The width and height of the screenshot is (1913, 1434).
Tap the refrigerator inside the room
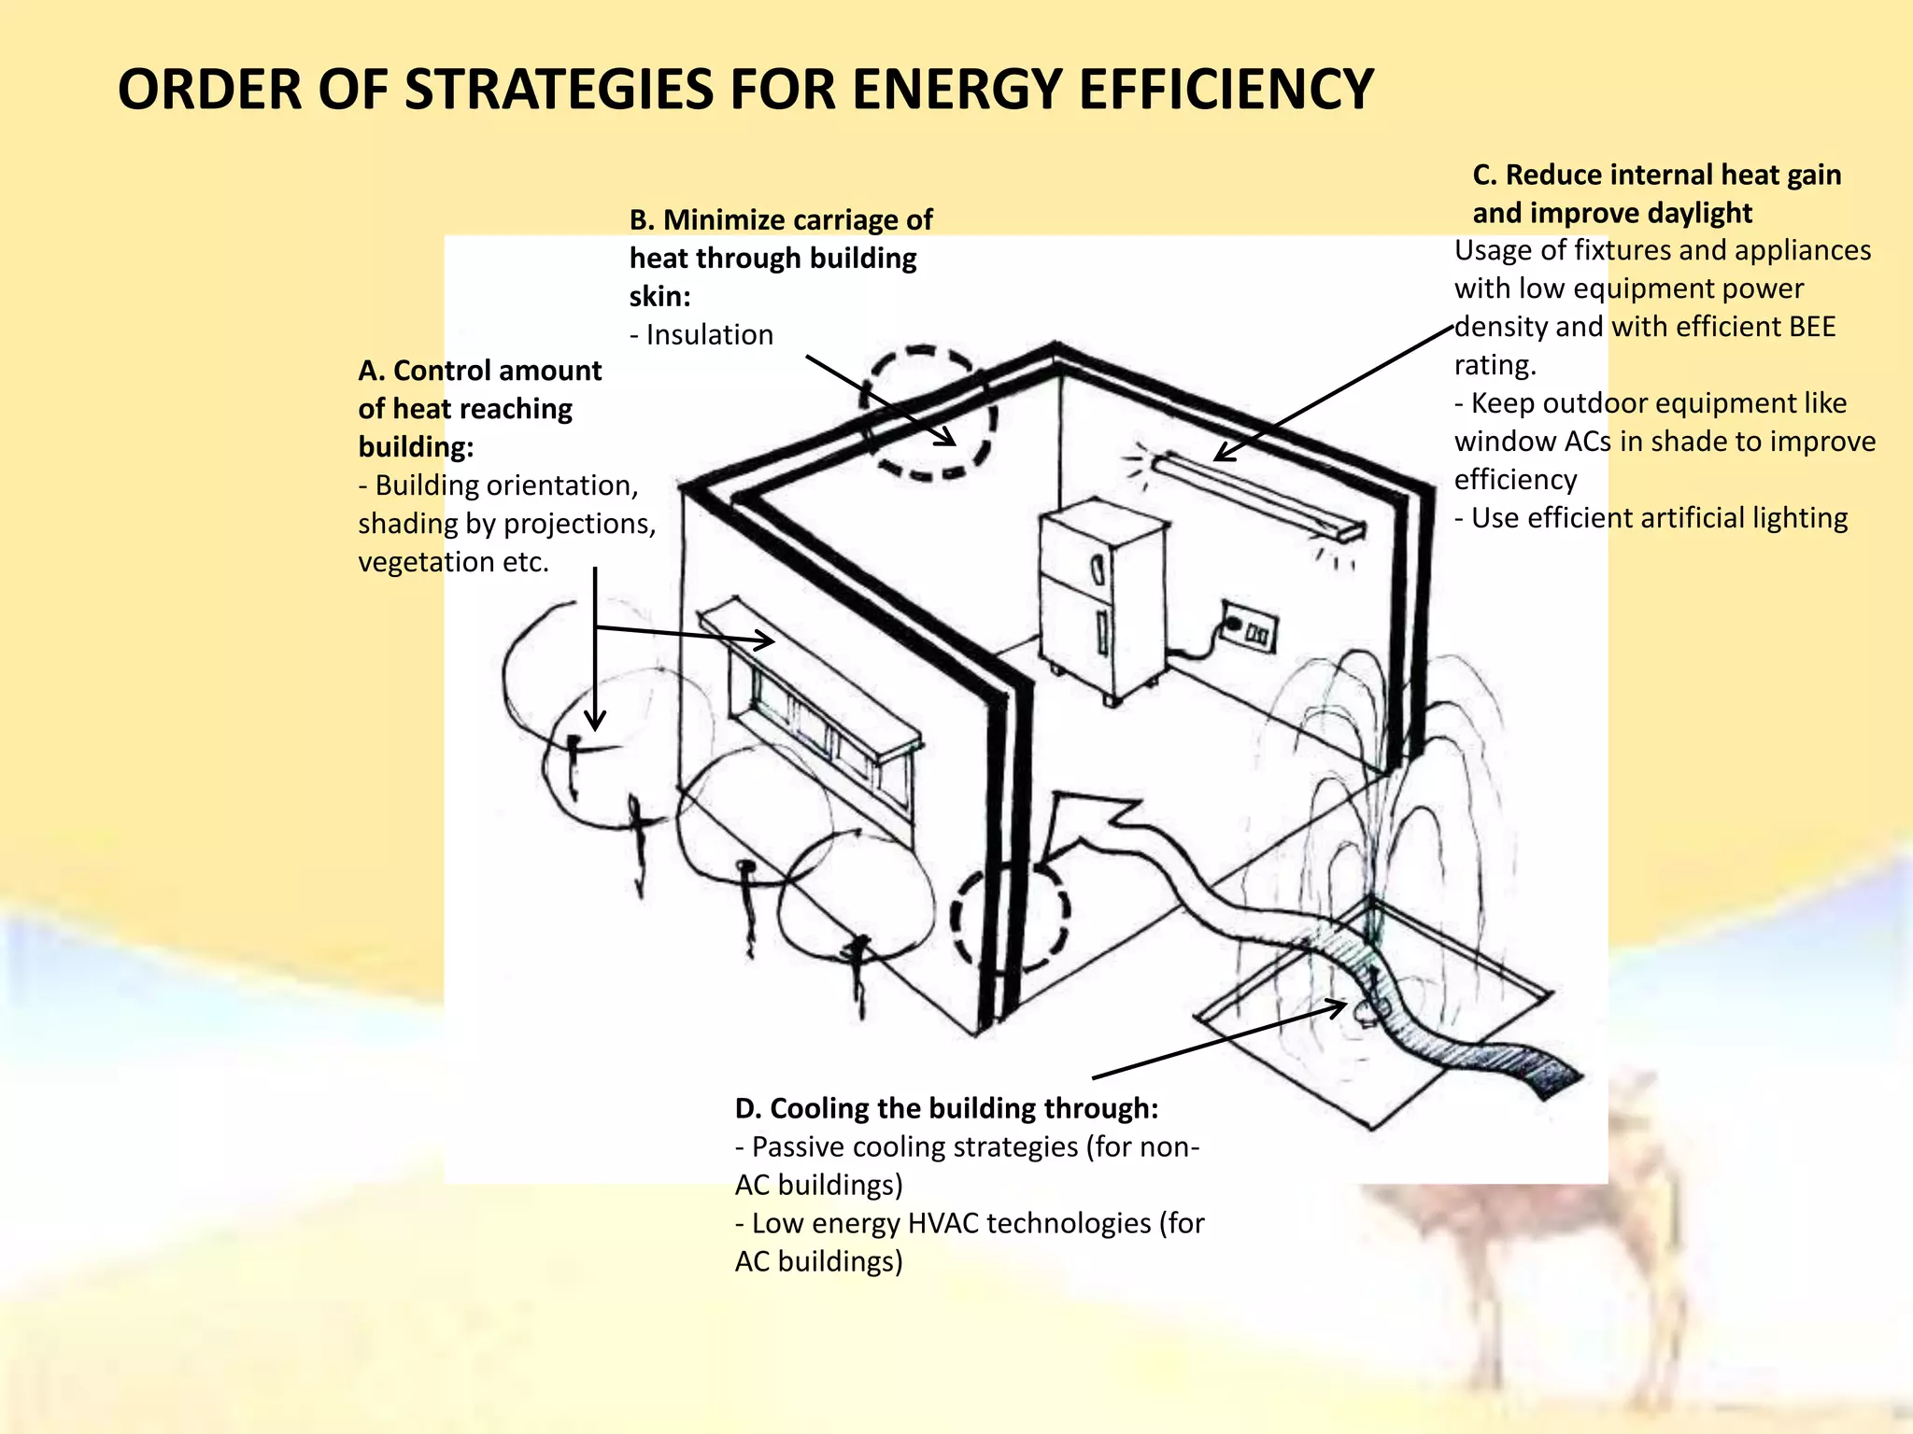[x=1102, y=597]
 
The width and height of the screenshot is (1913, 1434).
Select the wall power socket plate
[x=1250, y=627]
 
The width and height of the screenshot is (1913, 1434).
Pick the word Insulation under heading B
[x=709, y=335]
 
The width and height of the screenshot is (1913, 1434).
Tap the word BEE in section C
[x=1811, y=327]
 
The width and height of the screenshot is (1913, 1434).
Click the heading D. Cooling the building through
[x=945, y=1108]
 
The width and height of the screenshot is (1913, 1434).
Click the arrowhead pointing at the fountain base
[x=1338, y=1007]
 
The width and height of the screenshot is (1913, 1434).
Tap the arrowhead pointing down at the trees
[x=595, y=720]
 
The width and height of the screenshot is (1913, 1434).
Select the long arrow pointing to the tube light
[x=1336, y=392]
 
